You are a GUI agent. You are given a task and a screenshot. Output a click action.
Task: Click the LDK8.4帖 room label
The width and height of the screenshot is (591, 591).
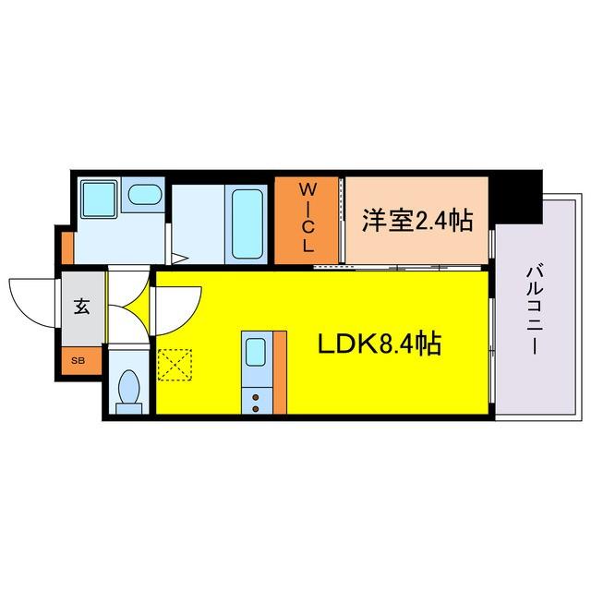[x=379, y=344]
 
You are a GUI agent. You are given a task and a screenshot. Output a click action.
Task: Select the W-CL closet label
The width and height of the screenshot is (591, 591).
[x=308, y=218]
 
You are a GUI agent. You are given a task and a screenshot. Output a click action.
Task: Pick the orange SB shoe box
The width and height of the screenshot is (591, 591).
[x=80, y=360]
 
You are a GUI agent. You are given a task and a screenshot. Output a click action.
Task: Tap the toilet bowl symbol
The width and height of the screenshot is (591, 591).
[x=127, y=390]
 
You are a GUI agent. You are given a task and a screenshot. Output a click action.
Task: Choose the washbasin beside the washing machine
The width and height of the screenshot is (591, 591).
[x=143, y=194]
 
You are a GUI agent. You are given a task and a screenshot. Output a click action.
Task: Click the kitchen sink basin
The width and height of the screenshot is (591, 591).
[x=257, y=352]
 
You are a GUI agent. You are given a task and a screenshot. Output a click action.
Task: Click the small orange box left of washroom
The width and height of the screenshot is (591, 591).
[x=67, y=246]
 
